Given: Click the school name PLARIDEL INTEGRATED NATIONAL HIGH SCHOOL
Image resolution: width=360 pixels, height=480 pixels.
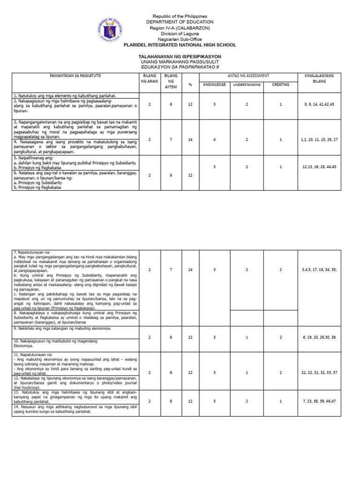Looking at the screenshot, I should tap(180, 45).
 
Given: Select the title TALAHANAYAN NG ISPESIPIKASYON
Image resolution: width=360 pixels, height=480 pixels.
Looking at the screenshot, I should tap(180, 56).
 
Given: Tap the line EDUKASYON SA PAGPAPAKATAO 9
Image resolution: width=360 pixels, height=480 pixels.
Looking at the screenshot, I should tap(180, 67).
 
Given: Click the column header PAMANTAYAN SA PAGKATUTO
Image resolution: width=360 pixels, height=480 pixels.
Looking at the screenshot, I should tap(75, 75).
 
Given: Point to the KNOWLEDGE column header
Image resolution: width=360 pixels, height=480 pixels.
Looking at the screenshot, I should tap(214, 85).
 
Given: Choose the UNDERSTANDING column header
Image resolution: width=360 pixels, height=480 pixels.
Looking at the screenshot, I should tap(247, 85).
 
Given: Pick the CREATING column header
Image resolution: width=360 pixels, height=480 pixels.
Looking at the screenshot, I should tap(280, 85).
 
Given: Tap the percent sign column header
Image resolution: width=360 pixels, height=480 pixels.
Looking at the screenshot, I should tap(190, 85).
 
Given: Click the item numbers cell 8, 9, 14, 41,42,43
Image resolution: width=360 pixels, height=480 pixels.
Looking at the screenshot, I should tap(319, 105).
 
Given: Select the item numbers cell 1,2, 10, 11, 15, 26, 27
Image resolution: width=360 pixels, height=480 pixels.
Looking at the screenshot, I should tap(319, 140).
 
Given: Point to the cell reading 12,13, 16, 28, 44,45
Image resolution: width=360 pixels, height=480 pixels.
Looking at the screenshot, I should tap(319, 166).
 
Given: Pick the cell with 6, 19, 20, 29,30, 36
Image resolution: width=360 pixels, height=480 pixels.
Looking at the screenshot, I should tap(319, 337).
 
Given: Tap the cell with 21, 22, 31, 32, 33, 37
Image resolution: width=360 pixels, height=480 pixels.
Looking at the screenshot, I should tap(319, 373).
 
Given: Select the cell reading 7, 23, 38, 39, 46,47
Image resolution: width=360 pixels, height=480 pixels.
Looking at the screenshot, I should tap(319, 402).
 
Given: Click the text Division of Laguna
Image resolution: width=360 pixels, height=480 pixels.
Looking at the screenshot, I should tap(180, 34).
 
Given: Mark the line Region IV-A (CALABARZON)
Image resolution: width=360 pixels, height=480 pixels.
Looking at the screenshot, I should tap(180, 28).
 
